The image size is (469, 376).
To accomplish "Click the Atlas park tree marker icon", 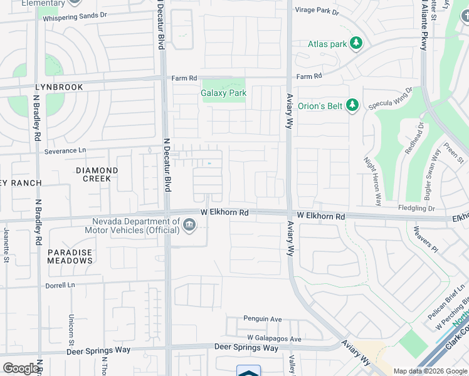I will [x=357, y=43].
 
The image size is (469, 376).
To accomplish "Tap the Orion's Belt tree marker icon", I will [x=352, y=105].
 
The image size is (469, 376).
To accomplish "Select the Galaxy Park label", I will [x=223, y=93].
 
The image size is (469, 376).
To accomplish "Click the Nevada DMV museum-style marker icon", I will [x=189, y=224].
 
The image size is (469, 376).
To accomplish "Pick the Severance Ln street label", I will [x=65, y=151].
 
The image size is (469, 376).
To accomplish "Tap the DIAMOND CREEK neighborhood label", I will [x=97, y=174].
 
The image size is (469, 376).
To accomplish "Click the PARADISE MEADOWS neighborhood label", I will [x=70, y=256].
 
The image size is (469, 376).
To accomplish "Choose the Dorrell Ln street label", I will [x=60, y=285].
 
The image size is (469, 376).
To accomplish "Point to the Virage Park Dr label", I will [x=317, y=11].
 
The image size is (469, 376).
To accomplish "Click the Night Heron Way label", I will [x=372, y=181].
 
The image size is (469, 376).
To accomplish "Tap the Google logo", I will [x=21, y=368].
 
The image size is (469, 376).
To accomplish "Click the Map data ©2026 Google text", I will [x=430, y=371].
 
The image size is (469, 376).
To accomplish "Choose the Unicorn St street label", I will [x=71, y=328].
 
